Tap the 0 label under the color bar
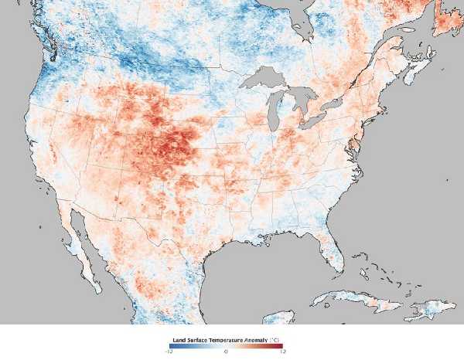[x=225, y=352]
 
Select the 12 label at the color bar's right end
[x=282, y=352]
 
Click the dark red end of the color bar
[x=280, y=346]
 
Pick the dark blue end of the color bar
[x=170, y=346]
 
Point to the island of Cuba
[x=348, y=297]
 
